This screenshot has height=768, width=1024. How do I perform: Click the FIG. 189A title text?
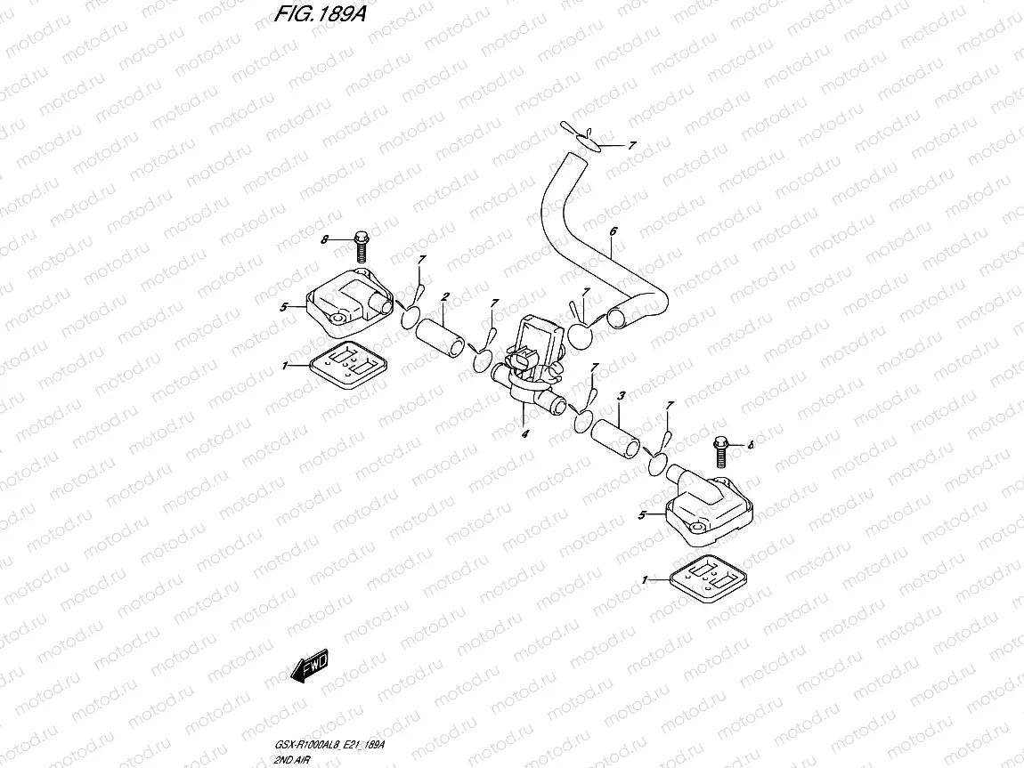pyautogui.click(x=320, y=13)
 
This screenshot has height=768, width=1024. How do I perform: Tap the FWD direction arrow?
pyautogui.click(x=310, y=667)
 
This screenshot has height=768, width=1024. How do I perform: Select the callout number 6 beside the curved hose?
pyautogui.click(x=614, y=231)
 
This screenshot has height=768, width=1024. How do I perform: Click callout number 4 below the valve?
pyautogui.click(x=525, y=433)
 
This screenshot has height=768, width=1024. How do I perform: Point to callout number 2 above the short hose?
pyautogui.click(x=444, y=297)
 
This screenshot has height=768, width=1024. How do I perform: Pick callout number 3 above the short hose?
pyautogui.click(x=621, y=395)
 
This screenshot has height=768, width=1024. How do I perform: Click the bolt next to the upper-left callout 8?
pyautogui.click(x=362, y=247)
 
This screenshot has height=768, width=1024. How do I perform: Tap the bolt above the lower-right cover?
pyautogui.click(x=721, y=451)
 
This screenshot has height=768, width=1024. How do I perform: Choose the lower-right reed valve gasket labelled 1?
pyautogui.click(x=709, y=578)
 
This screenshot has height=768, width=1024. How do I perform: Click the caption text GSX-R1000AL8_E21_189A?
pyautogui.click(x=329, y=745)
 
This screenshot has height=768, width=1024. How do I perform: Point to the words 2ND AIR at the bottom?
pyautogui.click(x=293, y=760)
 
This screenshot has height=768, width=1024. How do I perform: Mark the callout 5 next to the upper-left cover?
pyautogui.click(x=283, y=307)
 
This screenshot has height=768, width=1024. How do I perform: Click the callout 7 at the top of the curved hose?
pyautogui.click(x=631, y=146)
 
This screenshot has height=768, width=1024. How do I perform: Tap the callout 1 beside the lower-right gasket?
pyautogui.click(x=645, y=579)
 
